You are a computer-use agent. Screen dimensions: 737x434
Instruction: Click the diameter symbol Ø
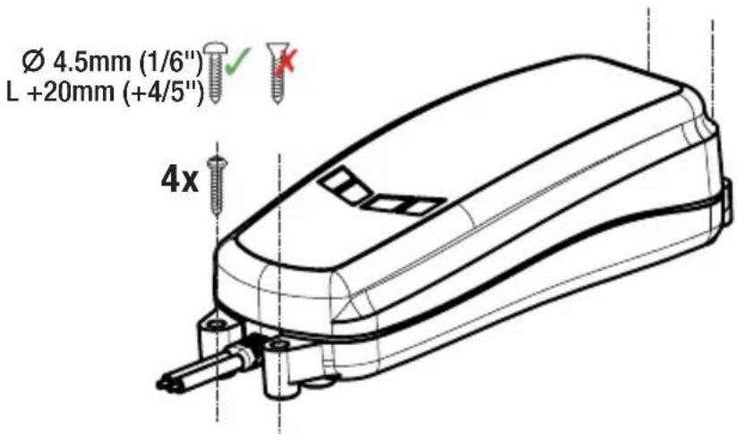click(34, 63)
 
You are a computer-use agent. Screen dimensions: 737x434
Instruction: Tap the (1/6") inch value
click(171, 63)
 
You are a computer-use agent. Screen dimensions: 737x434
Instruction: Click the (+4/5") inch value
click(163, 91)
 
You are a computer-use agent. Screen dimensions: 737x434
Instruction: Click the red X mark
click(287, 61)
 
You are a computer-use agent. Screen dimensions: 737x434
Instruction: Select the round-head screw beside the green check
click(214, 72)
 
